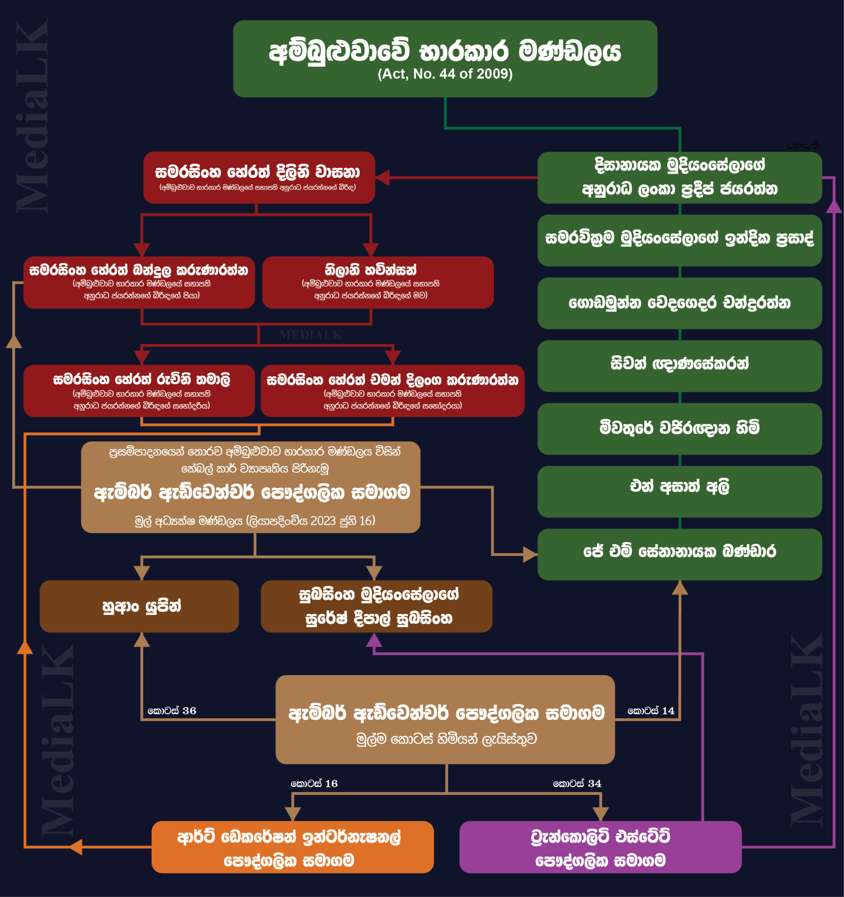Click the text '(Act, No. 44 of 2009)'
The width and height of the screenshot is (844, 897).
pos(445,74)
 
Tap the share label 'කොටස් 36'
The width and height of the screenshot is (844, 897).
pos(172,711)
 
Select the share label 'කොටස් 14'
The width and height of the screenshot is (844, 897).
pos(651,711)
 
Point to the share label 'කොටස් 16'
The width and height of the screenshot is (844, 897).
pos(314,783)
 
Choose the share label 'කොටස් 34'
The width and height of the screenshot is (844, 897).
pos(577,783)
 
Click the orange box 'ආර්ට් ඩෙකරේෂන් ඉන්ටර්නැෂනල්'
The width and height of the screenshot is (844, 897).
pos(292,847)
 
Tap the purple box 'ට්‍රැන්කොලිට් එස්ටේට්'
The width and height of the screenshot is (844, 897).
pos(600,847)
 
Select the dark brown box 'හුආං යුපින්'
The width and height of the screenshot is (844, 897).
pos(139,606)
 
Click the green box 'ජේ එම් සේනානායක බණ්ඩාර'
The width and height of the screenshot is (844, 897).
pos(679,554)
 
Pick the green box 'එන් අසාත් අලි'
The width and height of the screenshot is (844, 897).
pos(679,491)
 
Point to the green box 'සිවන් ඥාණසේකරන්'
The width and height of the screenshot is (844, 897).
pos(679,365)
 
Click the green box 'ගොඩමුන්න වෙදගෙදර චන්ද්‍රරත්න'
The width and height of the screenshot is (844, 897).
pos(679,303)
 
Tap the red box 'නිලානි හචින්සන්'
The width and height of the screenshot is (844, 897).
pos(378,282)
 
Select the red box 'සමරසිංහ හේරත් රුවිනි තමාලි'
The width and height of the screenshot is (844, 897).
pos(139,390)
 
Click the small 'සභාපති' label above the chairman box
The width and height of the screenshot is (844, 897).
pos(803,146)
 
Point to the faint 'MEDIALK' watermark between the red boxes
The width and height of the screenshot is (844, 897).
pos(311,335)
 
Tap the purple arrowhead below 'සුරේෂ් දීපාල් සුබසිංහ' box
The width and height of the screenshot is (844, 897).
pos(374,640)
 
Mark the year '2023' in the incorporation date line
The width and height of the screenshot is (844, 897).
pos(323,521)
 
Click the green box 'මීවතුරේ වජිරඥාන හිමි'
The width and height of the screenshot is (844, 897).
pos(679,428)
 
